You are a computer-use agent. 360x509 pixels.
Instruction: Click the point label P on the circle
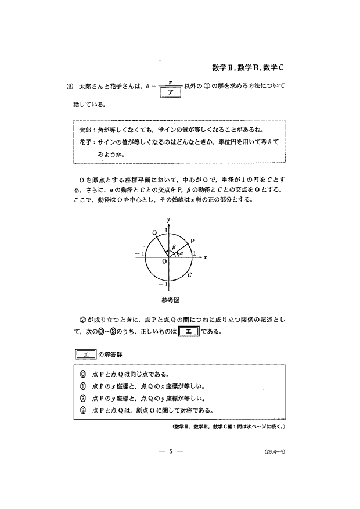click(x=192, y=241)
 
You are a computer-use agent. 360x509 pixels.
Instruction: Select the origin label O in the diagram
click(x=164, y=261)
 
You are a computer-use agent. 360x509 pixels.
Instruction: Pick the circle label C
click(x=189, y=274)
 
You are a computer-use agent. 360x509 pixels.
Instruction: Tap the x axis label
click(x=205, y=256)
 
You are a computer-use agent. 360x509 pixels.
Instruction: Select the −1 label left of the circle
click(x=138, y=254)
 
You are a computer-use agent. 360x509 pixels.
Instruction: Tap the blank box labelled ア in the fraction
click(x=171, y=92)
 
